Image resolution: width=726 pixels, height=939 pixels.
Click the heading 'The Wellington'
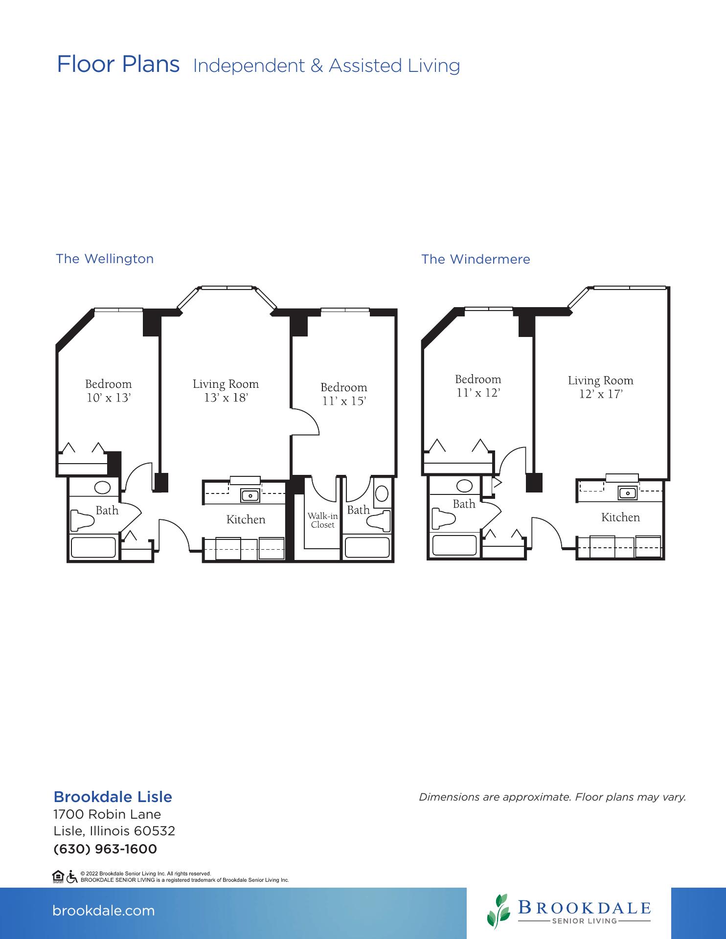[x=105, y=259]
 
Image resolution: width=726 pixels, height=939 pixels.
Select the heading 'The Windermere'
[x=476, y=259]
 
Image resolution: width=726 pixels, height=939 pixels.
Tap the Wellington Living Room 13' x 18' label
[x=226, y=391]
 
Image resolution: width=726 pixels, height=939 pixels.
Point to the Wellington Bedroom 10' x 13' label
[x=108, y=391]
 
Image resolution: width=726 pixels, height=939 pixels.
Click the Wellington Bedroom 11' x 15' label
[x=344, y=394]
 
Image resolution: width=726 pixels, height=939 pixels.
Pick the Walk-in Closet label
[x=322, y=520]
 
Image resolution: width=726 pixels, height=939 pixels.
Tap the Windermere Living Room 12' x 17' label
[x=600, y=387]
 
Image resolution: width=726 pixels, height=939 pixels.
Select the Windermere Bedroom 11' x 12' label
[x=478, y=386]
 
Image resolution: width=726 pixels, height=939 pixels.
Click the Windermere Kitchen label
[x=620, y=517]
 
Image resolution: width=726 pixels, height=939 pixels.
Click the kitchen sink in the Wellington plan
[x=250, y=495]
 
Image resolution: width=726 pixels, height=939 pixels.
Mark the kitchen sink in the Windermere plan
[x=628, y=493]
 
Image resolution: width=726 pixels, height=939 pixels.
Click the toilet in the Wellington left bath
[x=82, y=520]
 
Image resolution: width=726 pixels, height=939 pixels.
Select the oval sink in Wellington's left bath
[x=103, y=488]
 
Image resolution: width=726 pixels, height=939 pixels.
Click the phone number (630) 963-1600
[x=105, y=849]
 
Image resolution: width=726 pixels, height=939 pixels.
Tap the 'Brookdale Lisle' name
[x=113, y=797]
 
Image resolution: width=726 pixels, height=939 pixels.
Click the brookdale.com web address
[x=103, y=911]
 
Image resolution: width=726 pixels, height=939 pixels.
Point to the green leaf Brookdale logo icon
[x=498, y=912]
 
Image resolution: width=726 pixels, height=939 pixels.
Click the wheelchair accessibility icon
[x=71, y=876]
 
